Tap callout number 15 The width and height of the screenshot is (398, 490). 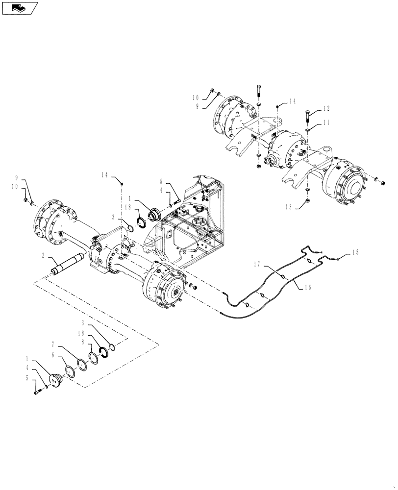(355, 253)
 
